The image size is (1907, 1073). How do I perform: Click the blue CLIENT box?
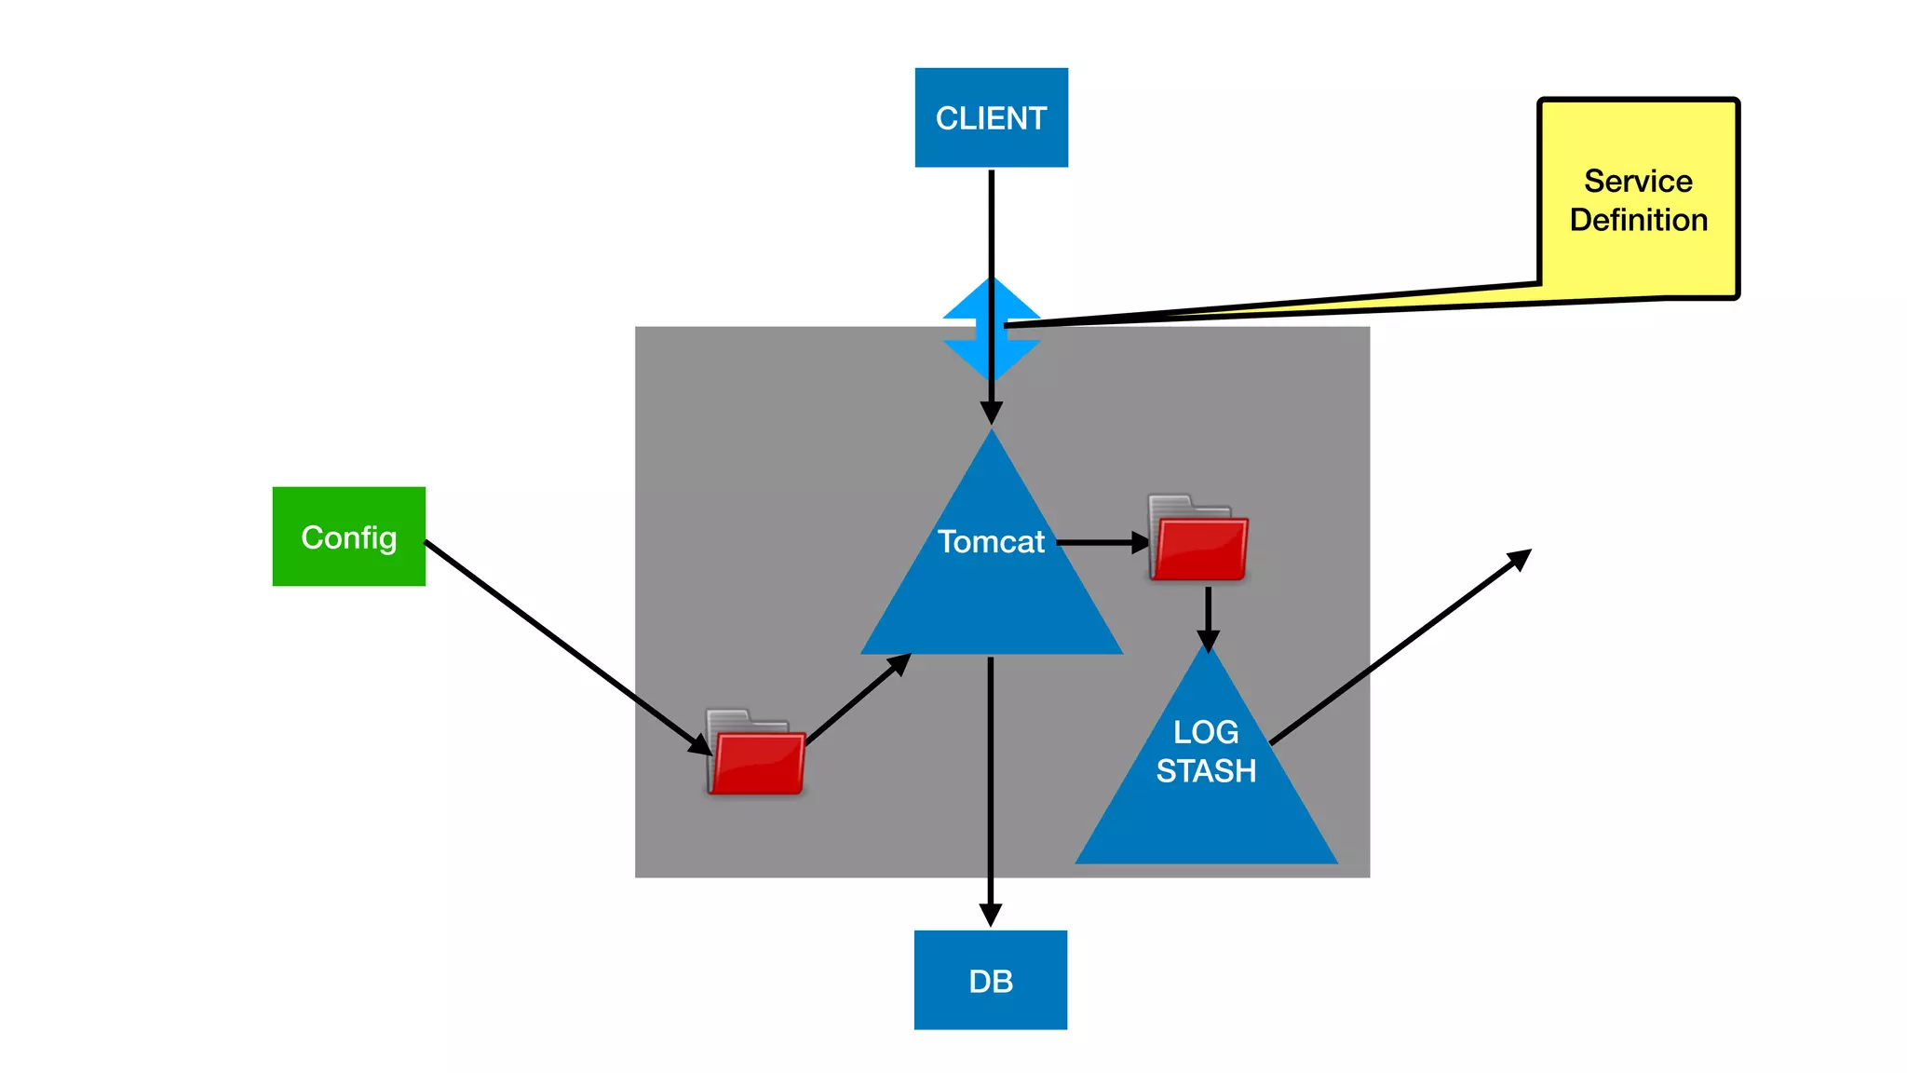(x=991, y=117)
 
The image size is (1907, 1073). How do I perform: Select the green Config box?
(x=348, y=536)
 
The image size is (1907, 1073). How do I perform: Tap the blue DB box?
(x=990, y=980)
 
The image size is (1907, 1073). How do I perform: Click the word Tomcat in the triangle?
(x=991, y=541)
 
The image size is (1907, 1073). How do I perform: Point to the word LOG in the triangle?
(x=1206, y=732)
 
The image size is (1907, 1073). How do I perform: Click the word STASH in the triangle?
(x=1206, y=771)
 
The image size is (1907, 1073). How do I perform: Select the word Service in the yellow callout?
(x=1638, y=181)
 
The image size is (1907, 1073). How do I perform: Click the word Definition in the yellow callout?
(x=1638, y=220)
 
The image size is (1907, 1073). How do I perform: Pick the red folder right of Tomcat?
(x=1198, y=540)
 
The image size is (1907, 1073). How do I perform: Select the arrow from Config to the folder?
(x=559, y=641)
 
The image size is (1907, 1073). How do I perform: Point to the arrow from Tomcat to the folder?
(x=1099, y=541)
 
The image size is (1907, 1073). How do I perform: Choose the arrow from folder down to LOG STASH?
(x=1208, y=615)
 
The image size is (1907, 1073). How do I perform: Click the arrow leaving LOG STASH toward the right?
(x=1397, y=648)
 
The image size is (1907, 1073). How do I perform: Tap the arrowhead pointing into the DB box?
(x=990, y=915)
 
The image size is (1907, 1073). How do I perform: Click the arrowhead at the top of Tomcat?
(x=991, y=413)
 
